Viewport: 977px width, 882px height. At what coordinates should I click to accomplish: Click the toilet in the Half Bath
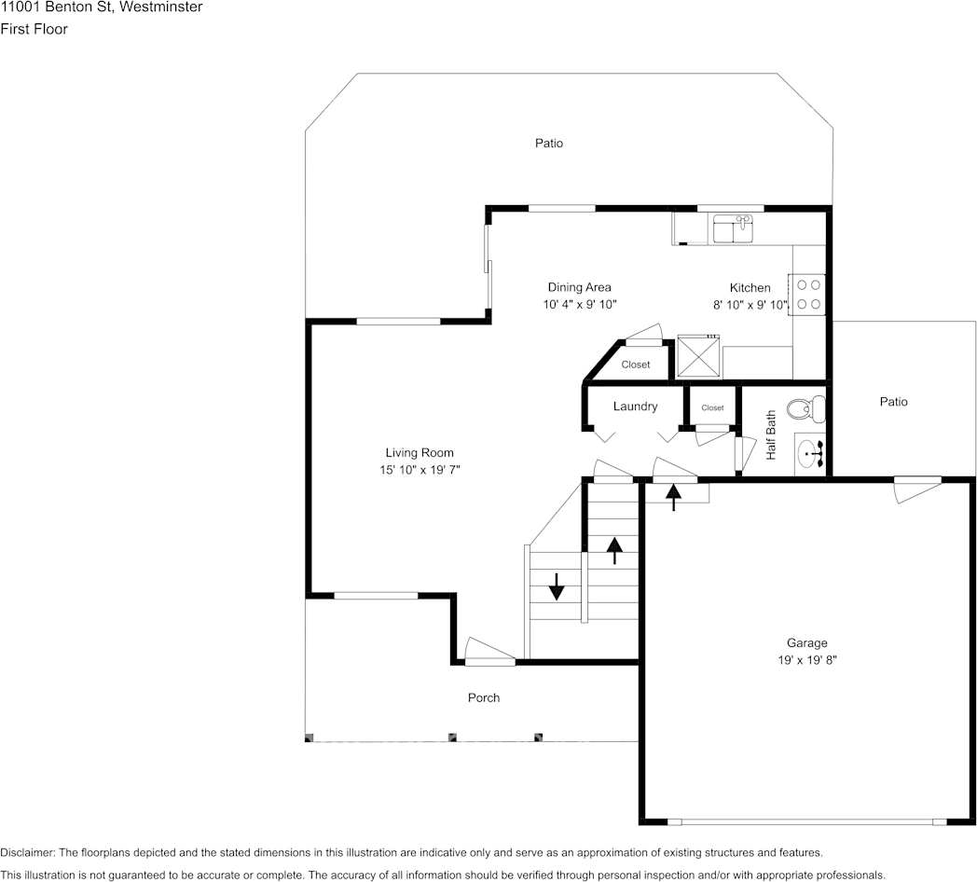tap(805, 408)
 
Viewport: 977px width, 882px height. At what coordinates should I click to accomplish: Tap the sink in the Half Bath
tap(810, 454)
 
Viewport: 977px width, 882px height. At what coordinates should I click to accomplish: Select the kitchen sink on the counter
tap(732, 227)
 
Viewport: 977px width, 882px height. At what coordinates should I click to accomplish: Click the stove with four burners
tap(809, 294)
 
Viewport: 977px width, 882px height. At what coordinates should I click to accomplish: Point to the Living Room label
tap(420, 453)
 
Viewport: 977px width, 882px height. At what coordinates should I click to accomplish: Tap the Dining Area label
tap(579, 287)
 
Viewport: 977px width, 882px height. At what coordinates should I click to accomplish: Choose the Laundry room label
tap(635, 407)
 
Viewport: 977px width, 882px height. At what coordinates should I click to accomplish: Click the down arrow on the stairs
tap(557, 586)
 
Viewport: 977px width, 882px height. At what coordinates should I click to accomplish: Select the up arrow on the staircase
tap(613, 550)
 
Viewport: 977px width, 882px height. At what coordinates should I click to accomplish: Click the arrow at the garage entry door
tap(673, 497)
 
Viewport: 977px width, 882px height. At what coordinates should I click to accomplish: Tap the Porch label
tap(484, 697)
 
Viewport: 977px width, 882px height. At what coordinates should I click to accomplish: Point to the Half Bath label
tap(771, 435)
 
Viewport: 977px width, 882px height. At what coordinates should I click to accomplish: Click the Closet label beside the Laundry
tap(712, 407)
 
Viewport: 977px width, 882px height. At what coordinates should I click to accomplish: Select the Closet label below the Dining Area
tap(636, 365)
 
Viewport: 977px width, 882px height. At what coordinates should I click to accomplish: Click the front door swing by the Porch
tap(488, 651)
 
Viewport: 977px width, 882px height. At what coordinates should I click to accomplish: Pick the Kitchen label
tap(750, 287)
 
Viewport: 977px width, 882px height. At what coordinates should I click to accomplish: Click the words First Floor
tap(34, 29)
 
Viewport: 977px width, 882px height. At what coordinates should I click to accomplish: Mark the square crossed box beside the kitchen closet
tap(698, 356)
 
